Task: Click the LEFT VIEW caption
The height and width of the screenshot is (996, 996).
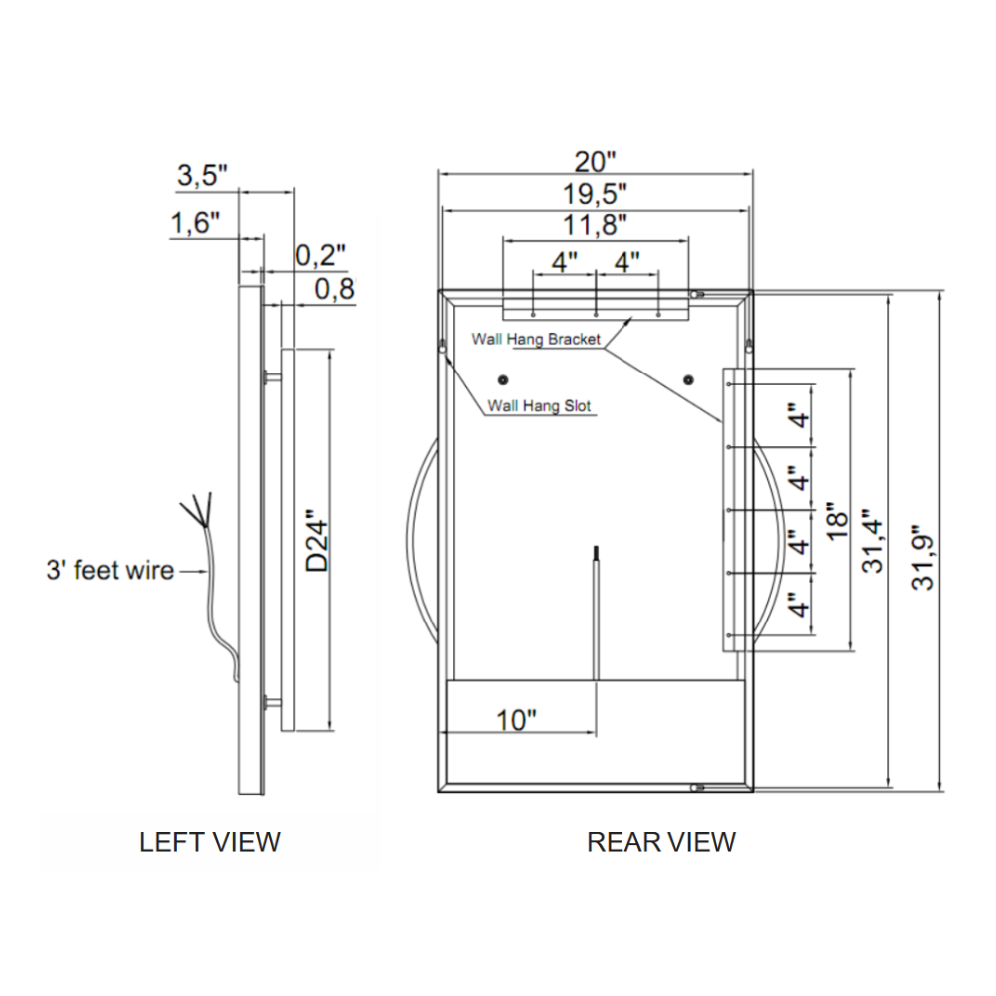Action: coord(210,842)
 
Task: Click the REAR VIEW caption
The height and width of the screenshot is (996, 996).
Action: coord(660,842)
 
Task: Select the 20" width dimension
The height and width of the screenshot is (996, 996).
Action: coord(595,161)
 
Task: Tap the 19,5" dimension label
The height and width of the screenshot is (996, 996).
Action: coord(595,192)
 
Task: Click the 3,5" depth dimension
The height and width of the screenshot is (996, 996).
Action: coord(202,176)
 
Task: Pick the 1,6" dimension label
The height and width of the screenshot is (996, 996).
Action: coord(194,223)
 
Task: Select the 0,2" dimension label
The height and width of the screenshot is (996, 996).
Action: coord(320,256)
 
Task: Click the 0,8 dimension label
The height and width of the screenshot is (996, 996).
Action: coord(334,290)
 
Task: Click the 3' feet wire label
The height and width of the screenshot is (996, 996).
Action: coord(110,571)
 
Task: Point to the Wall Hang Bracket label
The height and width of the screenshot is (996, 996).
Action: coord(536,340)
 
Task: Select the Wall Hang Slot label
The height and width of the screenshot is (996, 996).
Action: coord(539,406)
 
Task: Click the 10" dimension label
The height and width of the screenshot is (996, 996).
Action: coord(516,720)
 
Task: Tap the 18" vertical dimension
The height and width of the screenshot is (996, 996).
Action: coord(836,518)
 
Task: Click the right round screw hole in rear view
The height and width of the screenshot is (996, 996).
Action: coord(688,379)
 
